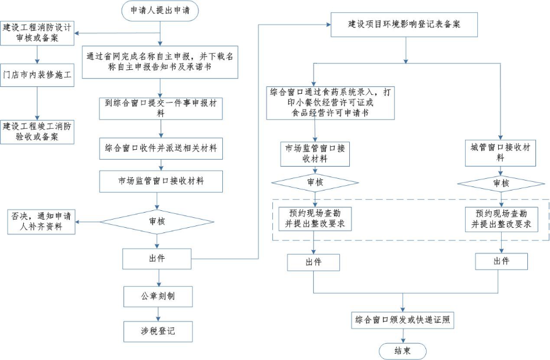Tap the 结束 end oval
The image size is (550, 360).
point(402,351)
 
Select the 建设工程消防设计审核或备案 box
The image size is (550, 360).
point(37,33)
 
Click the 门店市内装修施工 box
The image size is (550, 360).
point(37,75)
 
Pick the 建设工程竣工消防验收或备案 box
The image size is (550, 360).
point(37,131)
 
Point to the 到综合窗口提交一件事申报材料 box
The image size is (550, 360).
point(159,108)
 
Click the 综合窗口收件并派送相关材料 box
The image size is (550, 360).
point(160,149)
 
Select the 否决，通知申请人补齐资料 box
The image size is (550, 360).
point(42,221)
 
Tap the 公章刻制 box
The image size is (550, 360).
point(158,296)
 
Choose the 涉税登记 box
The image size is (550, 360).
point(158,331)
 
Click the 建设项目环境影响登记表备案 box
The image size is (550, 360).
point(404,24)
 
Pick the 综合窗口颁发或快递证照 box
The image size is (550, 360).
point(403,320)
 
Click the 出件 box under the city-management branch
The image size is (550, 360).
point(501,262)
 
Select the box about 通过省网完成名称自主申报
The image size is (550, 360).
point(159,62)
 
